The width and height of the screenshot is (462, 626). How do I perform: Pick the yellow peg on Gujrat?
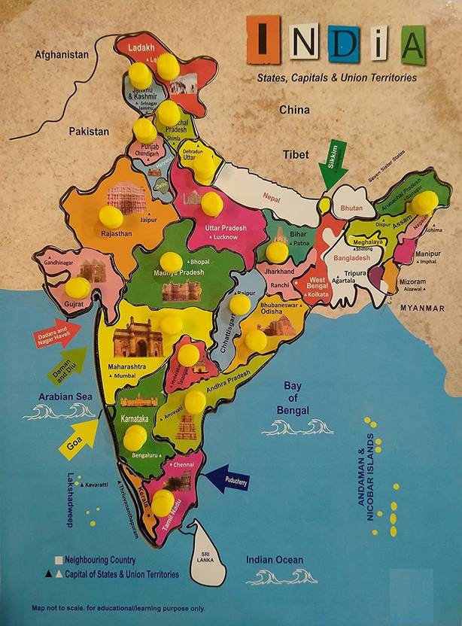77,287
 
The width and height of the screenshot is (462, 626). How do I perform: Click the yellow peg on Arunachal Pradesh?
425,202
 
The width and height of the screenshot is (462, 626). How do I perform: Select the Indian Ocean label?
275,560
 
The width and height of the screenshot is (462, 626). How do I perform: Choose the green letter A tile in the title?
412,44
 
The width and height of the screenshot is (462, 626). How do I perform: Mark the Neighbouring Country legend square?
57,561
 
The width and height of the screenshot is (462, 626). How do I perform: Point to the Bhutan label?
352,205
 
